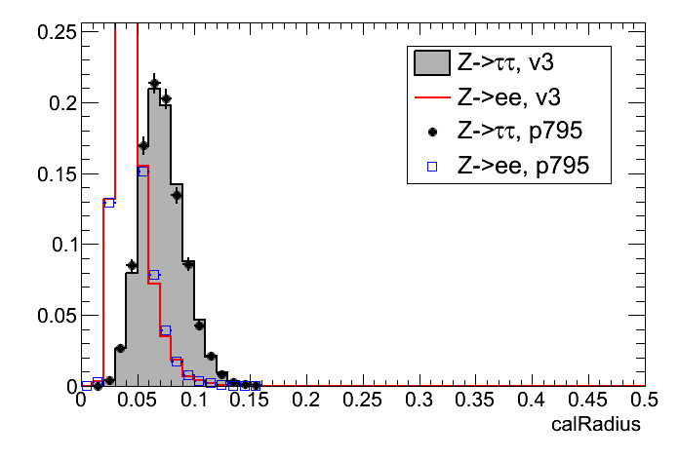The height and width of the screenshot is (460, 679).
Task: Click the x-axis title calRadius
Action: click(595, 424)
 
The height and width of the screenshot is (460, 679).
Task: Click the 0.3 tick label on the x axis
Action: click(419, 400)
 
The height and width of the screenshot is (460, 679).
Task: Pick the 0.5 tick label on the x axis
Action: click(643, 400)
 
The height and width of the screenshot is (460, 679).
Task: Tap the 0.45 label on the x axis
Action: click(587, 400)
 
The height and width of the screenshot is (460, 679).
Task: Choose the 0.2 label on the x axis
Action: click(307, 400)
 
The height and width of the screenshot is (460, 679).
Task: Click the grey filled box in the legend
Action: click(431, 64)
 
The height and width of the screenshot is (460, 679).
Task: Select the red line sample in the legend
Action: click(431, 98)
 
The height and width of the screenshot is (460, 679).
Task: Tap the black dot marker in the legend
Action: click(431, 133)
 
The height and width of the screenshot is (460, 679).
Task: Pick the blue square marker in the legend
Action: click(431, 167)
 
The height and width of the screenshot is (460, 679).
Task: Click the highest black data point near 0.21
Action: click(154, 84)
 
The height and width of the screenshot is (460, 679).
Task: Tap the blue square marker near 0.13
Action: click(109, 203)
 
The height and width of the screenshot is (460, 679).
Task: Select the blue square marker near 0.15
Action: click(142, 172)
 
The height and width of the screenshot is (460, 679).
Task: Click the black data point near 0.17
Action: click(143, 147)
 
